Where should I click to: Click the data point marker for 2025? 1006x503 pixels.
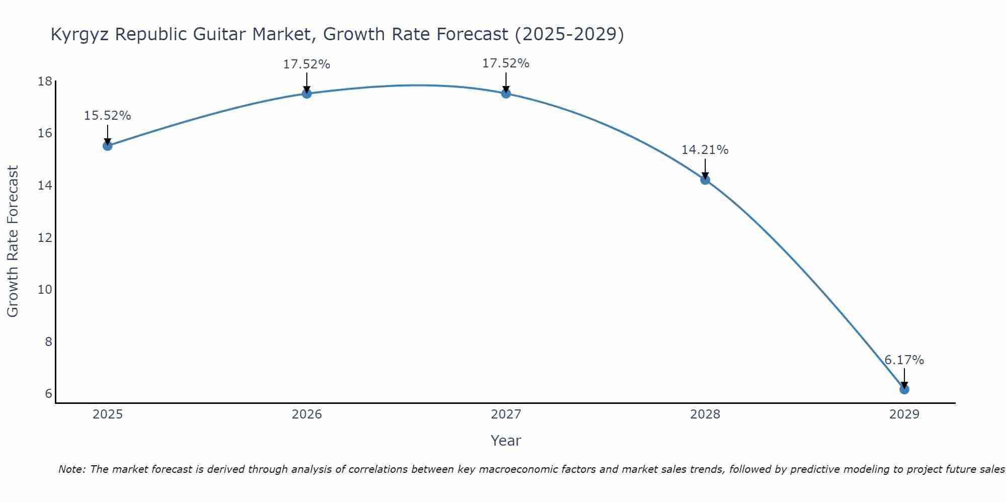click(x=107, y=146)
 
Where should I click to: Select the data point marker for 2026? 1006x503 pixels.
click(x=306, y=93)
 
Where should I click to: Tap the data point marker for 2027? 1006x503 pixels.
click(x=506, y=93)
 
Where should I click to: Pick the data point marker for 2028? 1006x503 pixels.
click(x=705, y=180)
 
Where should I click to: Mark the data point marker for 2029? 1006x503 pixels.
click(x=904, y=389)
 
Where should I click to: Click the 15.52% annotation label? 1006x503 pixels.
click(x=107, y=116)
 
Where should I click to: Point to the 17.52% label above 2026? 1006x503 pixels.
click(x=306, y=64)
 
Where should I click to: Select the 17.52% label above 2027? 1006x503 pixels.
click(x=506, y=63)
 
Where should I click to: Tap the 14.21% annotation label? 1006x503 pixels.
click(x=705, y=150)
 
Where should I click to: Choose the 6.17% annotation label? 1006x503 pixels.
click(x=904, y=360)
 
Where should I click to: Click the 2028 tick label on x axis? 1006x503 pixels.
click(x=705, y=414)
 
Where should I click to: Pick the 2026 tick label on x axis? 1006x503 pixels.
click(x=306, y=414)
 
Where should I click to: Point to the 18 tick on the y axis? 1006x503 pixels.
click(x=45, y=81)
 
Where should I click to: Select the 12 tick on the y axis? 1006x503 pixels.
click(x=45, y=237)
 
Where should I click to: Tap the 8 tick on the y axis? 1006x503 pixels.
click(x=48, y=342)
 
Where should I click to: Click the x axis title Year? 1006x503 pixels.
click(x=506, y=441)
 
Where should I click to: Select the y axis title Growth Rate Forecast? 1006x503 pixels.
click(x=13, y=241)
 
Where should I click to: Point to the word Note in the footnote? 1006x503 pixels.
click(x=71, y=469)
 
